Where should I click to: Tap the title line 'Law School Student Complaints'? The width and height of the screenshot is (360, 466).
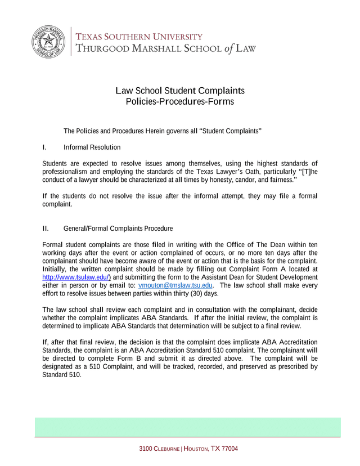tap(180, 91)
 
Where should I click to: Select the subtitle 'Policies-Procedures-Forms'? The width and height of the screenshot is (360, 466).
tap(180, 102)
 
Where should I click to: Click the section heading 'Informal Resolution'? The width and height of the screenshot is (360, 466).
tap(92, 147)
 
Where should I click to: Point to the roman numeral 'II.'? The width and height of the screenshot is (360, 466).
tap(46, 228)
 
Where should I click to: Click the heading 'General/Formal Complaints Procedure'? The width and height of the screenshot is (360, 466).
tap(118, 228)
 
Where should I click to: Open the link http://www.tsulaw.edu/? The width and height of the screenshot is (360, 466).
tap(76, 277)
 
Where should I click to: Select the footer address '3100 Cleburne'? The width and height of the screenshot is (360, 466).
tap(159, 449)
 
